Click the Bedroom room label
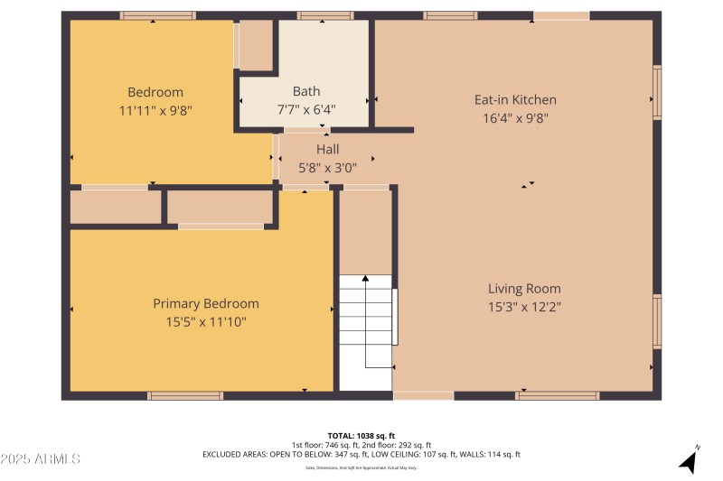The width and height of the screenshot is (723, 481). point(155,92)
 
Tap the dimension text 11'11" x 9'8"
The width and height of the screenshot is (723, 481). point(155,109)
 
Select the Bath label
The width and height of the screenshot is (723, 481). point(306,91)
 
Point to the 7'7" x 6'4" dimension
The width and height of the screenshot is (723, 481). point(306,109)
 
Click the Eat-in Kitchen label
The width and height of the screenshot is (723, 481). point(515,100)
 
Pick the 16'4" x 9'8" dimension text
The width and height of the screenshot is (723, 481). point(515,117)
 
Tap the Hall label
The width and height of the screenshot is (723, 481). point(327,149)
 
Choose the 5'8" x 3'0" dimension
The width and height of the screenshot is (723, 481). point(327,166)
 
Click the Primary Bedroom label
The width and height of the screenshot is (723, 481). point(206,304)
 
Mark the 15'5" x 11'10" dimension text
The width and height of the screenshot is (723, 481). point(206,321)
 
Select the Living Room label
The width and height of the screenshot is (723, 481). point(524,289)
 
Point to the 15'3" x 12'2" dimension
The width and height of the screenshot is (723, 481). point(524,306)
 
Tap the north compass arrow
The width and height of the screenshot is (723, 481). point(689,459)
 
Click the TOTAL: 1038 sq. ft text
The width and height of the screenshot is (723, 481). point(361,436)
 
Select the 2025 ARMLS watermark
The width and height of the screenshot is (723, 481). point(41,459)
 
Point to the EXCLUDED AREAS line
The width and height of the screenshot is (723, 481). point(361,455)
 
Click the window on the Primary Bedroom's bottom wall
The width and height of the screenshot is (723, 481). point(185,395)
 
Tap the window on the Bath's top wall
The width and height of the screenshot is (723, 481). point(325,15)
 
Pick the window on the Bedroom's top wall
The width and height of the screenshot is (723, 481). point(157,15)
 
